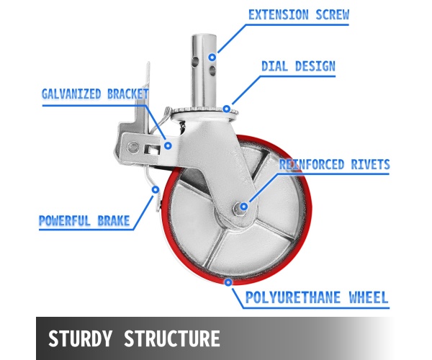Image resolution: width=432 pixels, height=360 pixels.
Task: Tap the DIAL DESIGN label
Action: [x=297, y=66]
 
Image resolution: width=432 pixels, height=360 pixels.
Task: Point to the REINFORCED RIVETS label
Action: [x=334, y=165]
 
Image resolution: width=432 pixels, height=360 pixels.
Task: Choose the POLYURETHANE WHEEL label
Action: [x=318, y=297]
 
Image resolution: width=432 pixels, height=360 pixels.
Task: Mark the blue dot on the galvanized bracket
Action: [x=167, y=143]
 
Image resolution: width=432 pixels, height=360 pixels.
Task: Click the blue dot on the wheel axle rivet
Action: [x=243, y=207]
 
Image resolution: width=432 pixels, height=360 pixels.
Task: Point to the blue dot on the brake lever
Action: [x=154, y=189]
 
